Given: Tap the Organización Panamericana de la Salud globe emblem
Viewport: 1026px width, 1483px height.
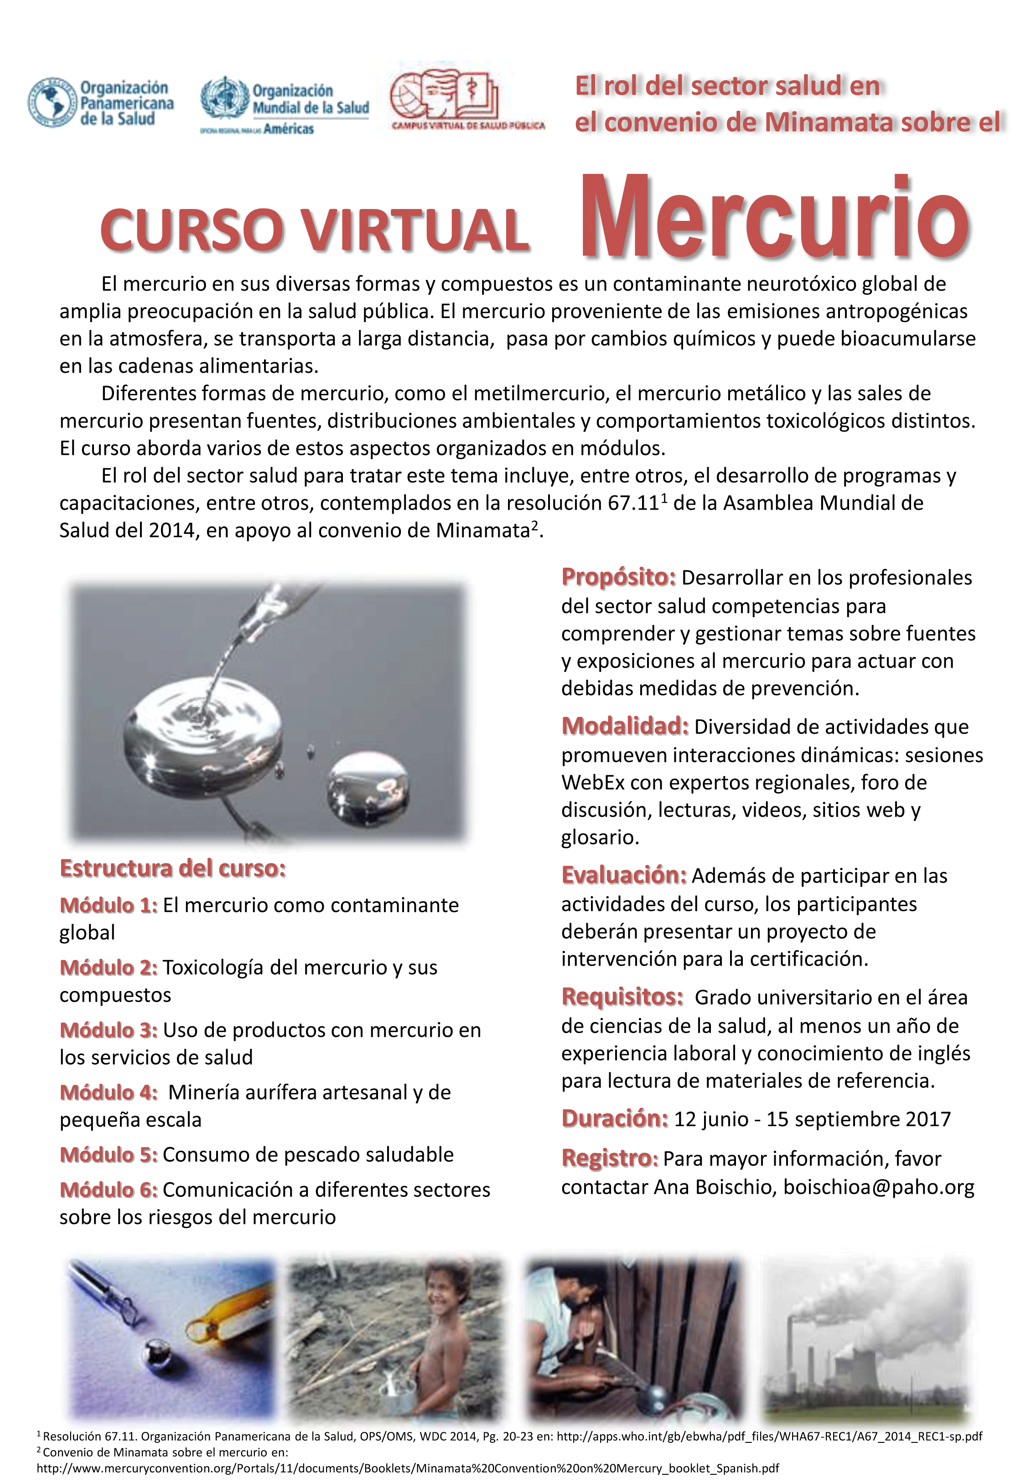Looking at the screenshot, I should pyautogui.click(x=52, y=102).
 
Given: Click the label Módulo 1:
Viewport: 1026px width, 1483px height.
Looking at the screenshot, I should pyautogui.click(x=108, y=905).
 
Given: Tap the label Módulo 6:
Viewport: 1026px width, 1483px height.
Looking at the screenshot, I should pyautogui.click(x=108, y=1190).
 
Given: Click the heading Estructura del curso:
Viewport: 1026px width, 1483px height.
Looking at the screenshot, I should pyautogui.click(x=172, y=868).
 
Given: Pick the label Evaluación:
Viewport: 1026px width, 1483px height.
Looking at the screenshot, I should pyautogui.click(x=623, y=875).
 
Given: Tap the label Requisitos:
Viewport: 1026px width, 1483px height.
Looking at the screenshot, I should pyautogui.click(x=622, y=997).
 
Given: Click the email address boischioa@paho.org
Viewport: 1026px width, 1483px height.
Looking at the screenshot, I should pyautogui.click(x=878, y=1187).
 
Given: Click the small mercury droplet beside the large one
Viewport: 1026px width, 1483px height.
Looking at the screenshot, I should pyautogui.click(x=368, y=788).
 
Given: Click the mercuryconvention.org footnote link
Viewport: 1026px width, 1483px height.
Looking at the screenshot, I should pyautogui.click(x=408, y=1468).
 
